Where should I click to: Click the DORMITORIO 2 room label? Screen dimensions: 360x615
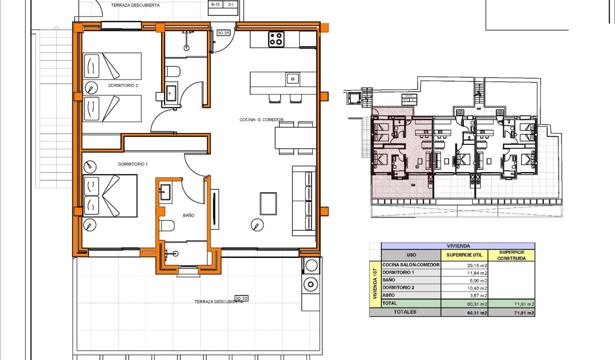(x=110, y=86)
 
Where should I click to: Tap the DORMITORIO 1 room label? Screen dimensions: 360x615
(x=133, y=164)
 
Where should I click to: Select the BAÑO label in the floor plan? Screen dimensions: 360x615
(x=188, y=216)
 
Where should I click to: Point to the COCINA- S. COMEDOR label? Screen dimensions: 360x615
(x=261, y=120)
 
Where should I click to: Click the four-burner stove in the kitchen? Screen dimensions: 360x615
(x=276, y=39)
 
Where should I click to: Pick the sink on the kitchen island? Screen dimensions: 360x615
(x=292, y=78)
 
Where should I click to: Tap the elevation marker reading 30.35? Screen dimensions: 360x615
(x=223, y=33)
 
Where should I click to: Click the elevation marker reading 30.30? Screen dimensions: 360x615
(x=242, y=298)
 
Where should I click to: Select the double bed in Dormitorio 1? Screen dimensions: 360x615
(x=110, y=196)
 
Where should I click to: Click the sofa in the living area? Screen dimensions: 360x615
(x=304, y=201)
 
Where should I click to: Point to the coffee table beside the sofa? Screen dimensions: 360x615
(x=268, y=204)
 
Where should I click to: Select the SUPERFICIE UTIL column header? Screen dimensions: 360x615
(x=464, y=255)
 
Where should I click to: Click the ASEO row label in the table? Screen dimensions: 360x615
(x=389, y=295)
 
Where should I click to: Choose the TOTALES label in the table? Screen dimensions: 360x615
(x=405, y=312)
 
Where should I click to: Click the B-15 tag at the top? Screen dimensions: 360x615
(x=215, y=4)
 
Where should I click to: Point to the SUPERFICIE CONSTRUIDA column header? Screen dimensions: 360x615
(x=512, y=255)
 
